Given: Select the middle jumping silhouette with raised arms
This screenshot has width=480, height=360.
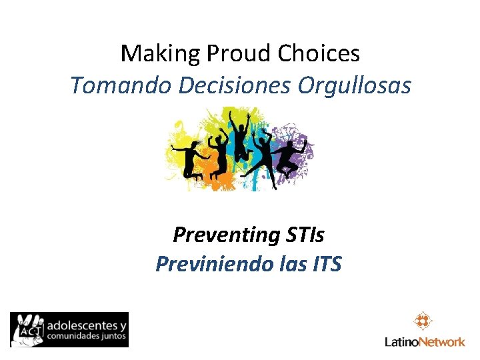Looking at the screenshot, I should [239, 140].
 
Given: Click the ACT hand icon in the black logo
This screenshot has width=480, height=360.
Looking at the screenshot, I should [27, 329].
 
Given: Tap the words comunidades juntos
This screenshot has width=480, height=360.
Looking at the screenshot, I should [85, 337].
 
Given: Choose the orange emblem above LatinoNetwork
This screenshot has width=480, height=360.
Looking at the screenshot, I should [423, 321].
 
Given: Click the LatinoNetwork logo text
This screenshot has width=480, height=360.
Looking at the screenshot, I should [425, 342].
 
